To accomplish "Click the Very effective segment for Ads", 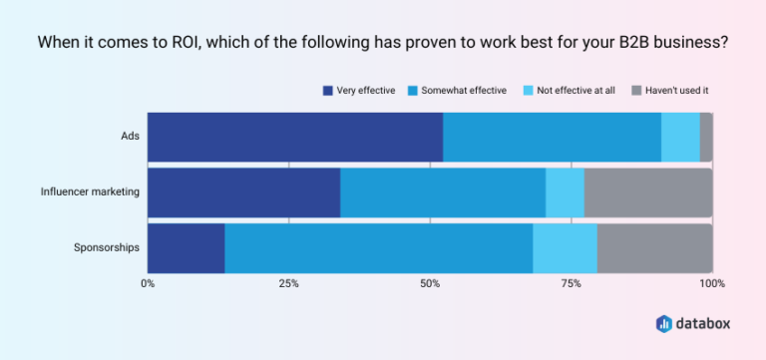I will (295, 137).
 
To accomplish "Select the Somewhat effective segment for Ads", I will (552, 137).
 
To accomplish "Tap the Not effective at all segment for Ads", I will (680, 137).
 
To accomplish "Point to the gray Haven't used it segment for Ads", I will (706, 137).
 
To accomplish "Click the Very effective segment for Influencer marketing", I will (243, 192).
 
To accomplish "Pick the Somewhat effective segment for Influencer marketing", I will (443, 192).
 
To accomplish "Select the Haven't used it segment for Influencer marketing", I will (648, 192).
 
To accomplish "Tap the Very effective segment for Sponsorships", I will (186, 247).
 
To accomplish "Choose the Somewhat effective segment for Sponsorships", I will (379, 247).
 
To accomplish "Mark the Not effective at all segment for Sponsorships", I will (565, 247).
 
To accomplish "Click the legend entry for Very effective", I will (358, 91).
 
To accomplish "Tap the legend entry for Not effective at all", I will (568, 91).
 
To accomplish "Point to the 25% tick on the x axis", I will (288, 284).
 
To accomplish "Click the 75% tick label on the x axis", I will (571, 284).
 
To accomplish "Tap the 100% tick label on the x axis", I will (711, 284).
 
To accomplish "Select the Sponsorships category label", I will (107, 247).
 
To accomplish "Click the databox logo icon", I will (664, 323).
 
